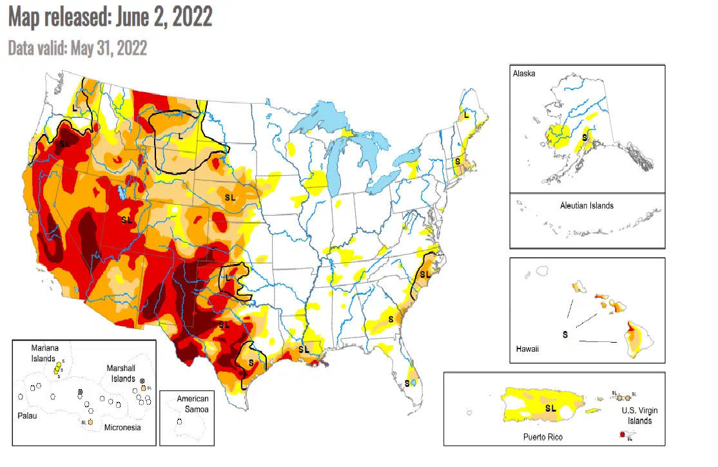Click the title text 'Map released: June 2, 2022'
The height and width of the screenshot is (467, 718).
click(x=110, y=17)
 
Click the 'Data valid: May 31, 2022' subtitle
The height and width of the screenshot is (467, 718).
click(x=77, y=48)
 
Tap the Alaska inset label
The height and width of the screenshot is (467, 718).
click(x=524, y=74)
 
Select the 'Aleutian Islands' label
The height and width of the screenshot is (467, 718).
click(x=587, y=205)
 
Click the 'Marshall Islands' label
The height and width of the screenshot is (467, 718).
click(x=121, y=374)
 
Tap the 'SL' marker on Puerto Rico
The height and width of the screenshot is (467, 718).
click(x=550, y=408)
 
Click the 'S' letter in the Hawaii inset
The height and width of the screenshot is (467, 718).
click(x=565, y=334)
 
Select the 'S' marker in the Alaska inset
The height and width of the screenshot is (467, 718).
click(x=585, y=137)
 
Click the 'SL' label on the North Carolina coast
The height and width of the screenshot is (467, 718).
click(x=424, y=274)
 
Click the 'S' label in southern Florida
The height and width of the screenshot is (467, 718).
click(x=407, y=383)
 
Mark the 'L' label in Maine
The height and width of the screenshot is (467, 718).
click(x=465, y=115)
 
